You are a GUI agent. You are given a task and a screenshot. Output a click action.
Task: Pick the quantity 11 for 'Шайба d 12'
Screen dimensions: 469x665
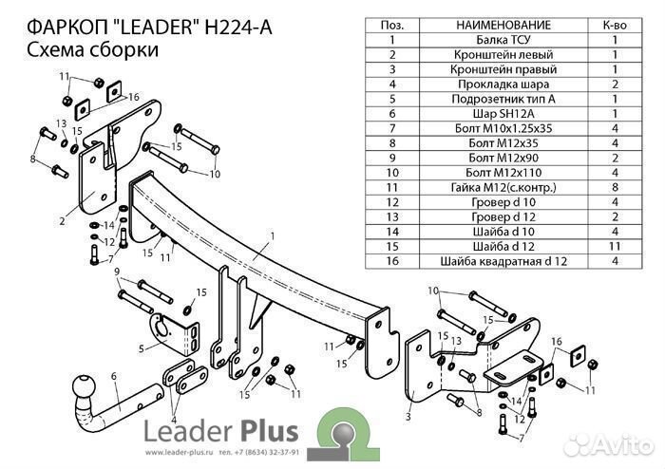[x=615, y=246]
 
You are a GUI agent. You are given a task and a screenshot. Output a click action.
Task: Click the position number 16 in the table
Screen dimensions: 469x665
[x=390, y=261]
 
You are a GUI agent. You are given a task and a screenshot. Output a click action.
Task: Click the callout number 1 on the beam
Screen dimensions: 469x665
[x=272, y=235]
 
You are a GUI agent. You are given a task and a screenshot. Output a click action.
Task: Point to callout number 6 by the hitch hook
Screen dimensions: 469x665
[x=114, y=376]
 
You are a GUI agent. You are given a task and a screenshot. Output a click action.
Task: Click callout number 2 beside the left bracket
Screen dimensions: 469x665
[x=61, y=221]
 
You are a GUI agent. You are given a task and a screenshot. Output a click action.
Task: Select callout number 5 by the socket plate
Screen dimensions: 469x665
[x=141, y=348]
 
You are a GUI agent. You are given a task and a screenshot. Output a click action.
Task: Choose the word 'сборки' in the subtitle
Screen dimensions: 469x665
[x=123, y=50]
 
